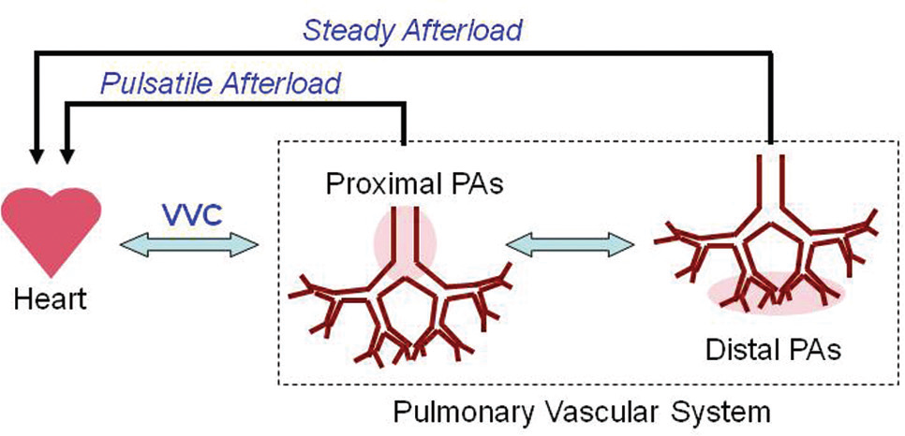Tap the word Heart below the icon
click(x=51, y=300)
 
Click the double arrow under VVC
click(x=188, y=246)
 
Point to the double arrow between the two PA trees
click(x=571, y=244)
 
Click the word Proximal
click(x=375, y=184)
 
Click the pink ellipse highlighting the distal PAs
click(x=777, y=293)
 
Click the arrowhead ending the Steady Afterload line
click(x=37, y=155)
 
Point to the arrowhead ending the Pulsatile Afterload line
click(x=67, y=155)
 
